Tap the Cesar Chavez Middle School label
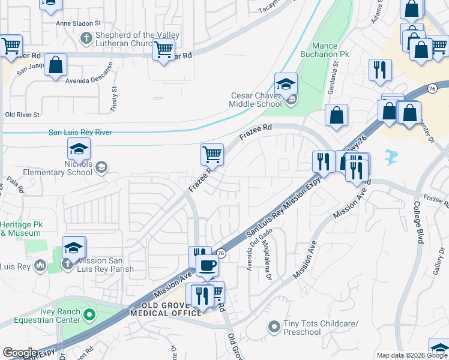coord(256,100)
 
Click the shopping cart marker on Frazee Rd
coord(212,154)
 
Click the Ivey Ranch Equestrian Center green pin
coord(89,314)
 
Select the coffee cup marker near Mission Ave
coord(208,265)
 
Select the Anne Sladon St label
coord(77,23)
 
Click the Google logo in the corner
coord(20,353)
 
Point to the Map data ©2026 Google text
coord(412,355)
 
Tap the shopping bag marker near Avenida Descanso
coord(55,67)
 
